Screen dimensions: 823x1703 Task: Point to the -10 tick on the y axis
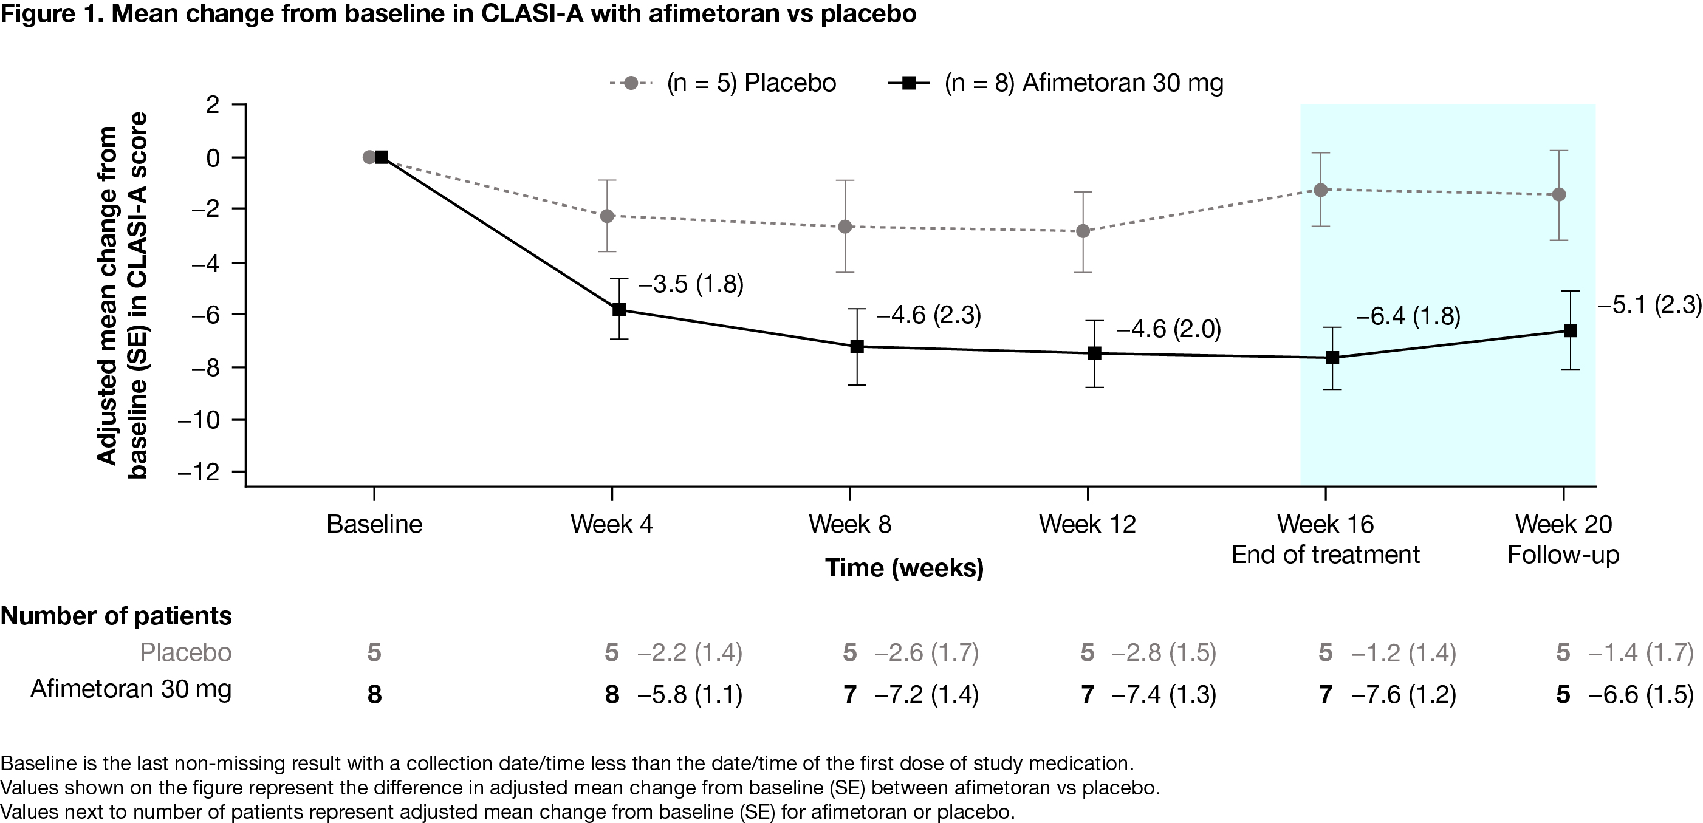pos(198,420)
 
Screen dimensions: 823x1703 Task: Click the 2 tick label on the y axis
pos(212,104)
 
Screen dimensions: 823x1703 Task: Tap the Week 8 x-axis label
pos(849,524)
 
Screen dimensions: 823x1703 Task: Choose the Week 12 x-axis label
pos(1087,524)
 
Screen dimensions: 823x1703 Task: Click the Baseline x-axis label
pos(374,524)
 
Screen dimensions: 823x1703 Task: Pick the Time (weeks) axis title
pos(903,568)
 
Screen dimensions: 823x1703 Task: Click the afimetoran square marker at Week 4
pos(618,309)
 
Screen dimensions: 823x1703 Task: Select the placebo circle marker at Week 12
pos(1083,231)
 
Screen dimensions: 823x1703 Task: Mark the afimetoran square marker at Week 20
pos(1570,330)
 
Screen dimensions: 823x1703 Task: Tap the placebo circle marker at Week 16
pos(1321,190)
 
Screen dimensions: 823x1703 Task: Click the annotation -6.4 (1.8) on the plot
pos(1408,317)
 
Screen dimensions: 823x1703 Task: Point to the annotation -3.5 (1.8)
pos(691,284)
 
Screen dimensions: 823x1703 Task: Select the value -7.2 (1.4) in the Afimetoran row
pos(926,695)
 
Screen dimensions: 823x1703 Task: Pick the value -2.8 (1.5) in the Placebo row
pos(1163,653)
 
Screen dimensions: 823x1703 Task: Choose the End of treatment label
pos(1325,555)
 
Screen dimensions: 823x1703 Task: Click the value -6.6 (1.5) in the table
pos(1641,695)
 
